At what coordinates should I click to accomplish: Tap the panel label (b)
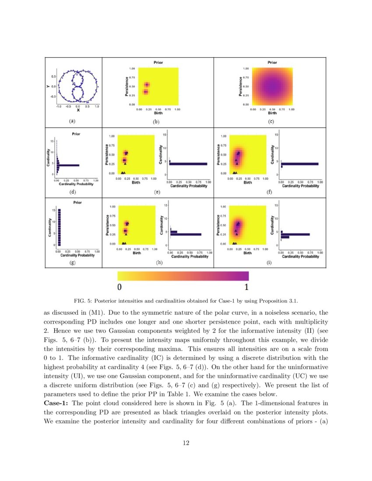(156, 122)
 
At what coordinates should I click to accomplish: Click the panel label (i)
(270, 263)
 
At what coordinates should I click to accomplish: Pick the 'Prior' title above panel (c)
(272, 63)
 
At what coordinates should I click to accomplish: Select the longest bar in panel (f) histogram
(300, 164)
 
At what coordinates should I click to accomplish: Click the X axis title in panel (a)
(77, 111)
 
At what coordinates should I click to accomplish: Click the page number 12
(186, 443)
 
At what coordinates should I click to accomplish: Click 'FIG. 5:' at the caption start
(82, 301)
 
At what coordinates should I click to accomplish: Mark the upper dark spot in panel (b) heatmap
(147, 84)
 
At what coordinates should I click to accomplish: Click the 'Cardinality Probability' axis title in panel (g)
(77, 256)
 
